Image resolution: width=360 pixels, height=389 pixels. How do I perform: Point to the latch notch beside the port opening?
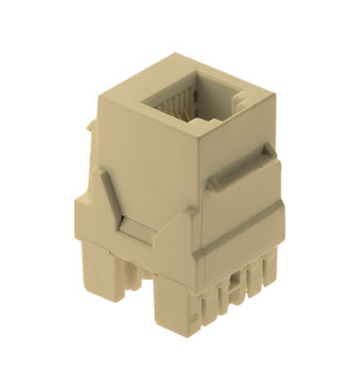point(206,124)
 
